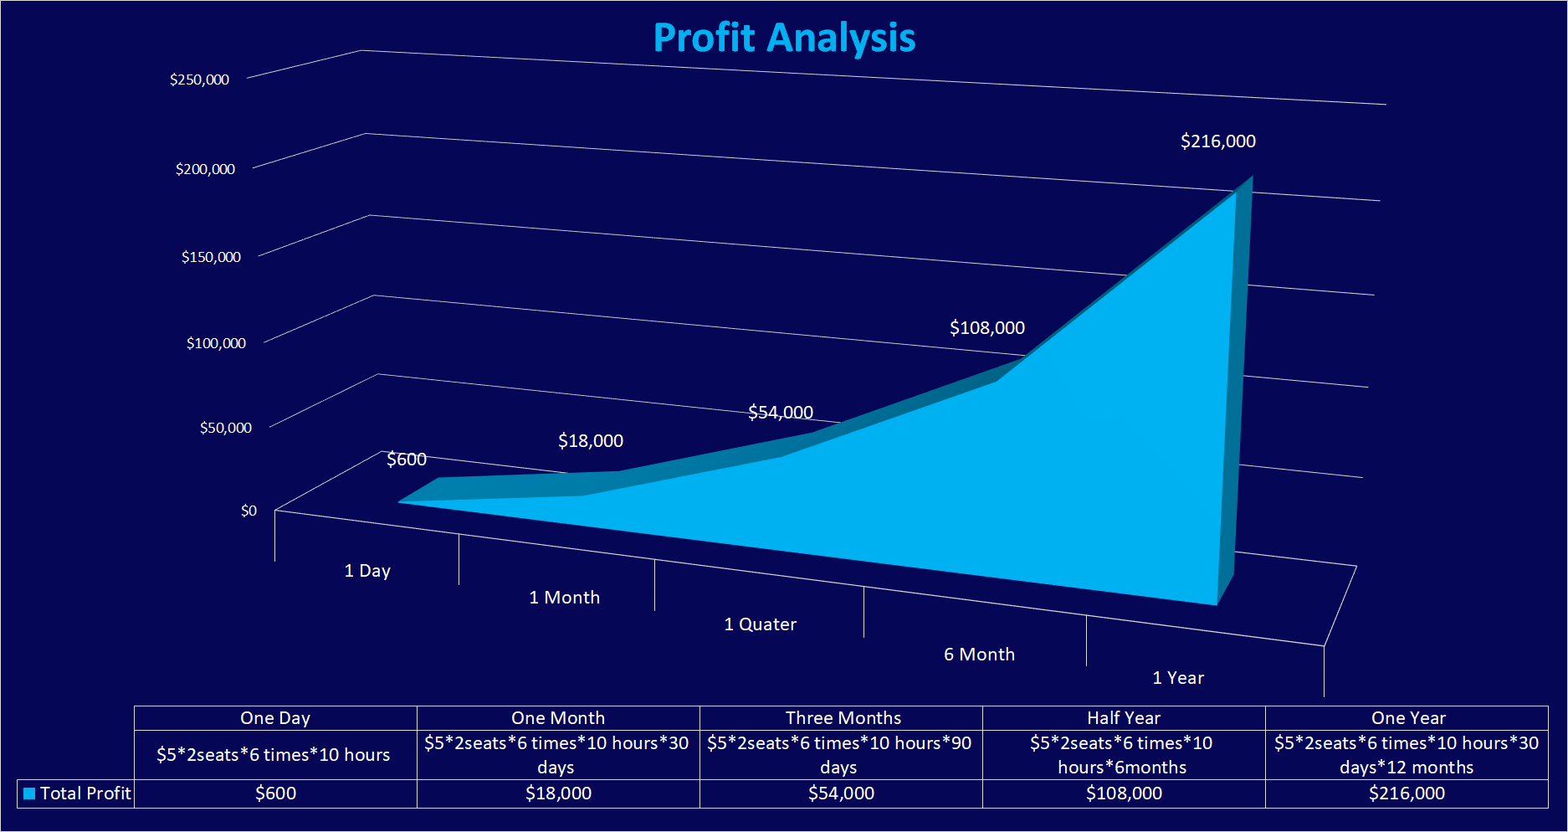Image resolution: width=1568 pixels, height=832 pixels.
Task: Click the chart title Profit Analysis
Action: tap(784, 39)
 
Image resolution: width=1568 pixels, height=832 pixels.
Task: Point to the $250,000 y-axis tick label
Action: tap(199, 80)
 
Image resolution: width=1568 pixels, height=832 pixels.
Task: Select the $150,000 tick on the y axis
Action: tap(211, 257)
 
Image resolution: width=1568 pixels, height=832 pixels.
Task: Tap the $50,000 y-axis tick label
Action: tap(225, 428)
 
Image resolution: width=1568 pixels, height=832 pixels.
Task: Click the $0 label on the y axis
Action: tap(249, 511)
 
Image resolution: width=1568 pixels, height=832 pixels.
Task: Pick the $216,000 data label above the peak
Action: tap(1217, 141)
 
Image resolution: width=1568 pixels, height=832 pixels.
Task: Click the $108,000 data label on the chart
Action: tap(986, 328)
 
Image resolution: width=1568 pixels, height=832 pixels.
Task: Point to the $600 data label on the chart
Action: tap(407, 460)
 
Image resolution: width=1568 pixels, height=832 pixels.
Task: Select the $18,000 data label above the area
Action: tap(590, 441)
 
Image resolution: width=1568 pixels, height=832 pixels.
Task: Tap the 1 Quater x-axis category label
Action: tap(760, 624)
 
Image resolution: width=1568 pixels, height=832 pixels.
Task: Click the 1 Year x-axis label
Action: tap(1177, 678)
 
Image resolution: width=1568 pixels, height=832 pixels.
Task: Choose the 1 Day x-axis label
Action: tap(367, 571)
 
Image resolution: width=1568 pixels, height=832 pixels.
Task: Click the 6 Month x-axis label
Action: tap(979, 655)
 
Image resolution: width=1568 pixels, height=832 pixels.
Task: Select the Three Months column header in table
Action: tap(843, 718)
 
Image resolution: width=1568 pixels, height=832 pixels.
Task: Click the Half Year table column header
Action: tap(1123, 718)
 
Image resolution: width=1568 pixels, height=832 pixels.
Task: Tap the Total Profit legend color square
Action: tap(29, 793)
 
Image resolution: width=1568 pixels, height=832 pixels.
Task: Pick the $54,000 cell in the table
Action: tap(841, 793)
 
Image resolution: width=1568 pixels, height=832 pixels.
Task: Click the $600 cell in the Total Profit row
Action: tap(275, 793)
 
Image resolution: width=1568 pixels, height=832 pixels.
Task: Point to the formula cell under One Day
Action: tap(273, 755)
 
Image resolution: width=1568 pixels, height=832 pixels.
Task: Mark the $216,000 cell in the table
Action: tap(1407, 793)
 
